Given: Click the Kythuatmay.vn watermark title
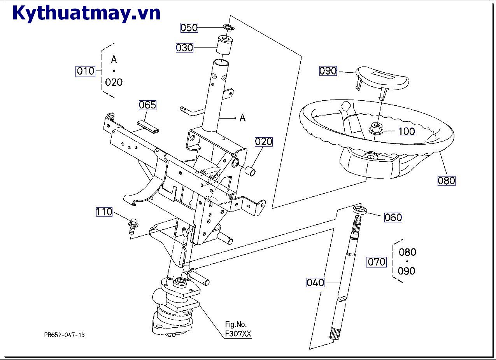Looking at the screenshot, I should click(87, 13).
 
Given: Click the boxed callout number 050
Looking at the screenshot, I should click(189, 28).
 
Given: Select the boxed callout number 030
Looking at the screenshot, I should click(184, 48).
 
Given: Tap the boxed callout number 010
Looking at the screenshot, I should click(85, 71).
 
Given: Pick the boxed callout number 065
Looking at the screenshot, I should click(147, 105).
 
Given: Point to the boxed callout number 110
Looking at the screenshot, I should click(104, 212).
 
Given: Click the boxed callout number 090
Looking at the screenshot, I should click(328, 71).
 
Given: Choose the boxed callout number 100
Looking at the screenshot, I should click(407, 131).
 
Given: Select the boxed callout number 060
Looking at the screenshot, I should click(393, 217).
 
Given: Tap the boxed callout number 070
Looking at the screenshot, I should click(377, 262).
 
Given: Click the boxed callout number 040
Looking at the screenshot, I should click(315, 283).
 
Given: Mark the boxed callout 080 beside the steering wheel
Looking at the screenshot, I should click(446, 181).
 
